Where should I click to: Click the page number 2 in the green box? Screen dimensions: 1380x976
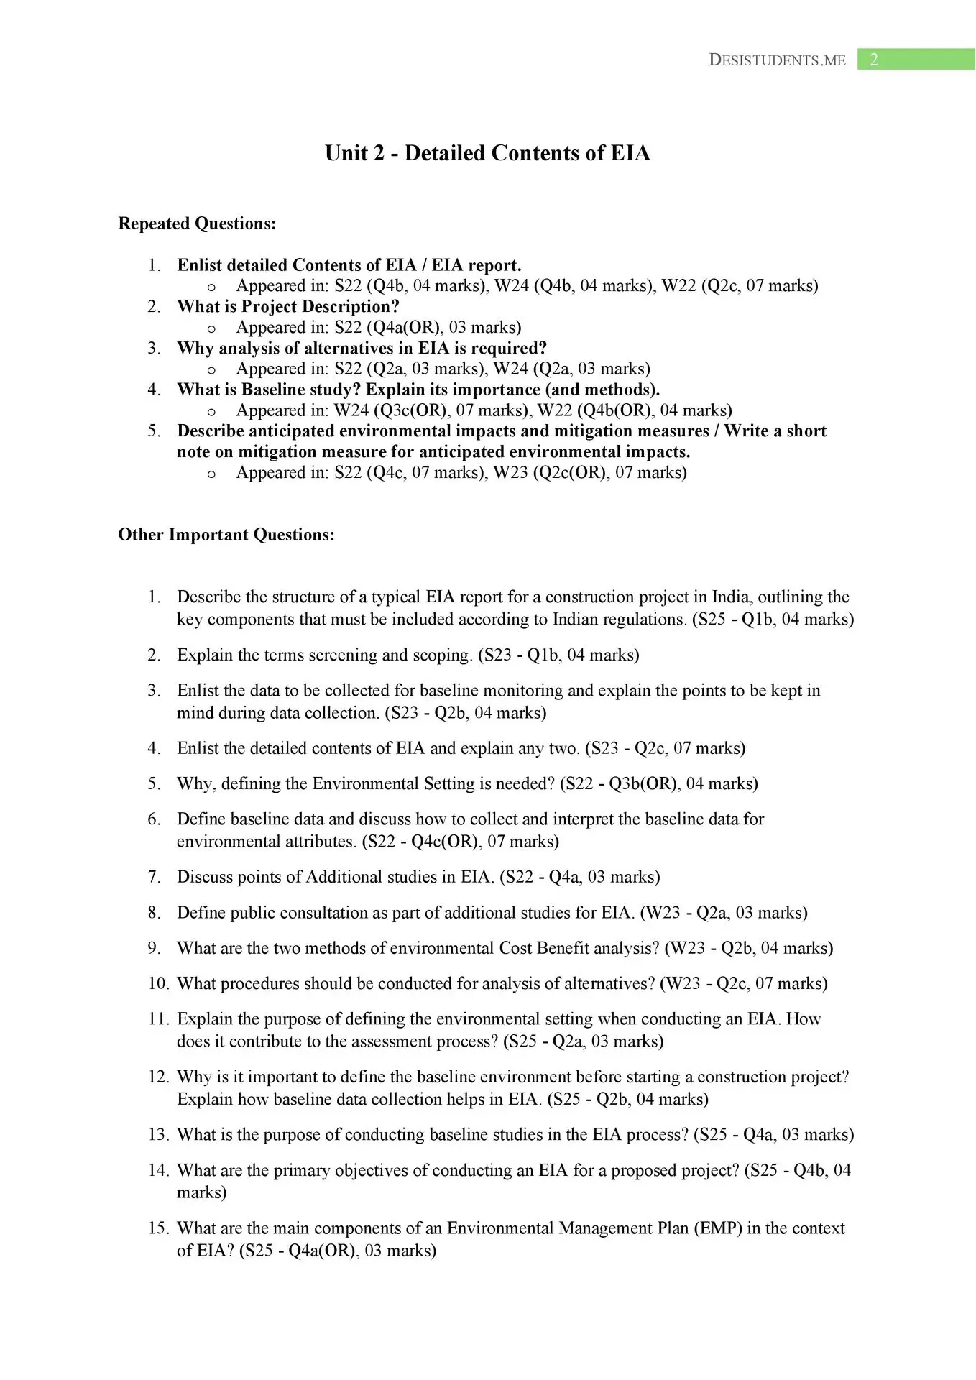(874, 60)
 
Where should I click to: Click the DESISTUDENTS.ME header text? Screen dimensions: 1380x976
(777, 60)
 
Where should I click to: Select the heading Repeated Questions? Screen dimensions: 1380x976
(197, 224)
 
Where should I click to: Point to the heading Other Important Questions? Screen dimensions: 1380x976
(226, 535)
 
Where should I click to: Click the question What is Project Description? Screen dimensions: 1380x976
(288, 306)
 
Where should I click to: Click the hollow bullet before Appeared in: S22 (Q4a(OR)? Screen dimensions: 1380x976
(211, 328)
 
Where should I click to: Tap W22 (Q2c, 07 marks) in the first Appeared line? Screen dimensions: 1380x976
(740, 286)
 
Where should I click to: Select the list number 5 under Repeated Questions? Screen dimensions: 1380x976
(154, 431)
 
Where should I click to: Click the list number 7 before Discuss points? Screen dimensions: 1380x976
(154, 877)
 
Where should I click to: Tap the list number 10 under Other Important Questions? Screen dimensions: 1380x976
(158, 983)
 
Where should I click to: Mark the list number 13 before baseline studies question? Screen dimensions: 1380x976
(158, 1134)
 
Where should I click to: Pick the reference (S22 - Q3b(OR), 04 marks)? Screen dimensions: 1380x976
(659, 783)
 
